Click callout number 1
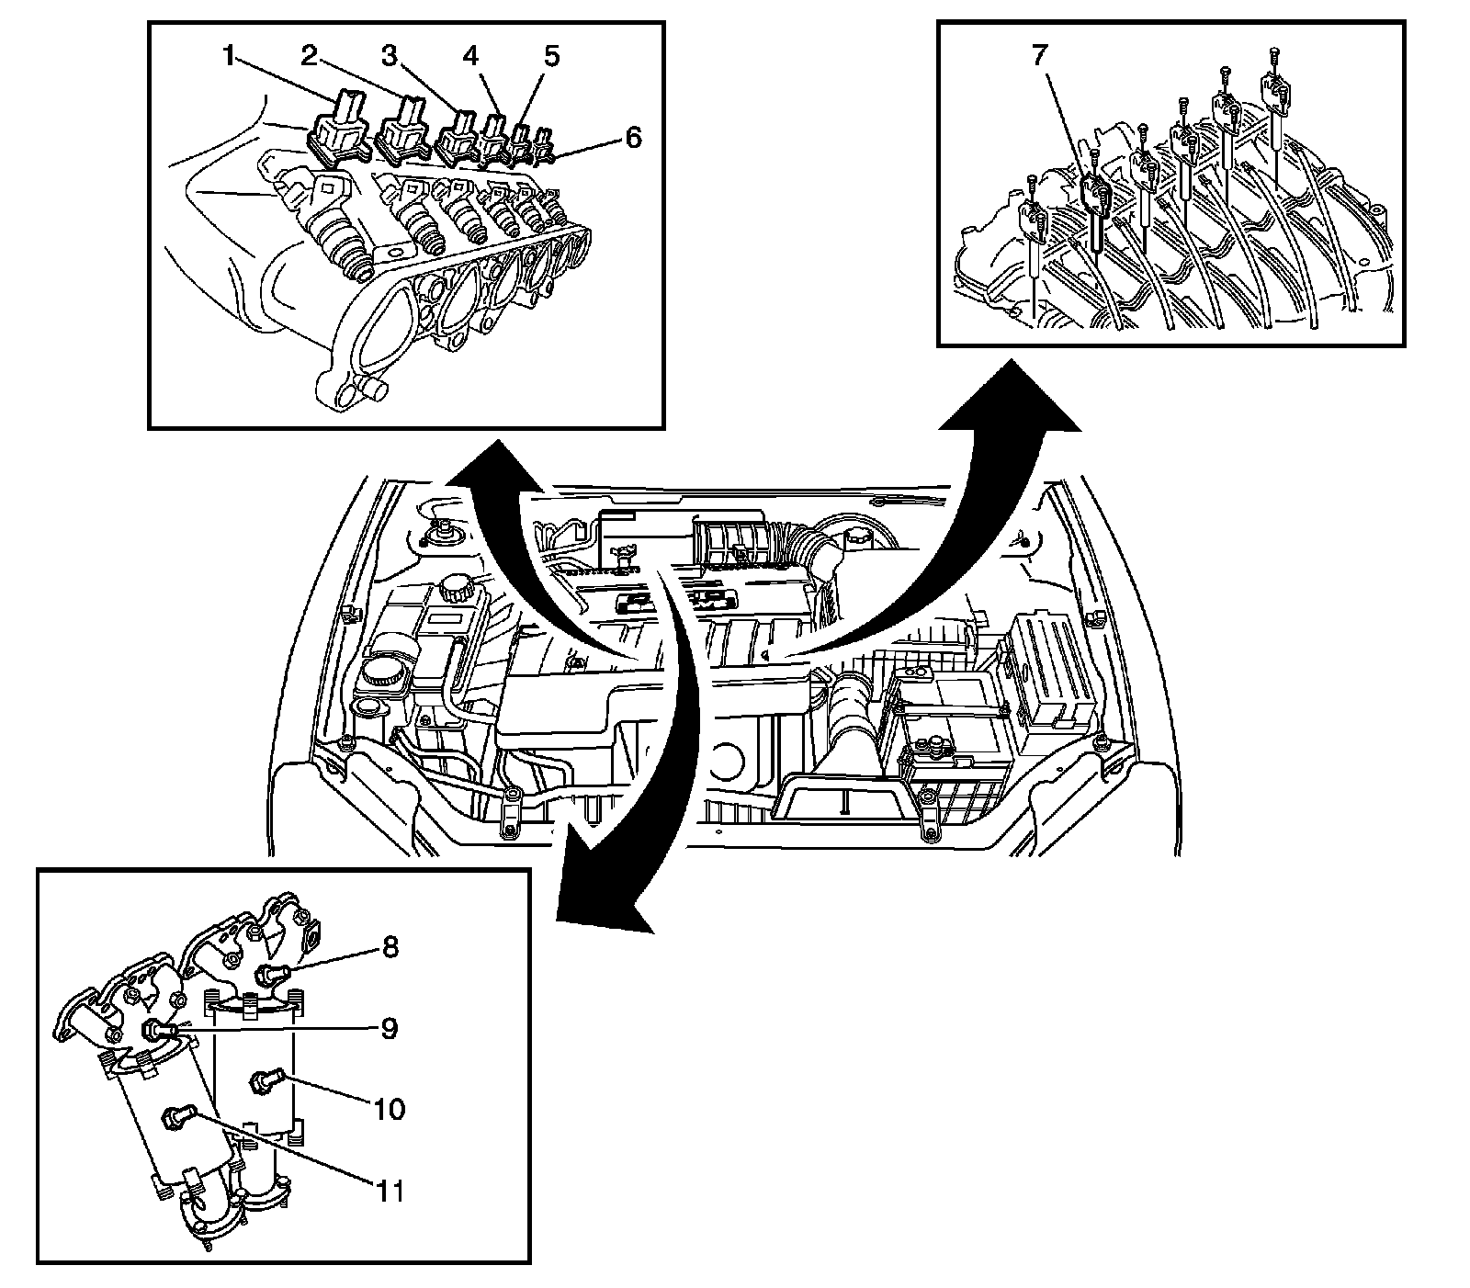228,57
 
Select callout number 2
310,57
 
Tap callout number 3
390,57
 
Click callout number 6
632,138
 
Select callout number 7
1039,57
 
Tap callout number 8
390,947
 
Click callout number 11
390,1192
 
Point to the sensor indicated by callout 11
175,1117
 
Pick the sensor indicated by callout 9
158,1030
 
